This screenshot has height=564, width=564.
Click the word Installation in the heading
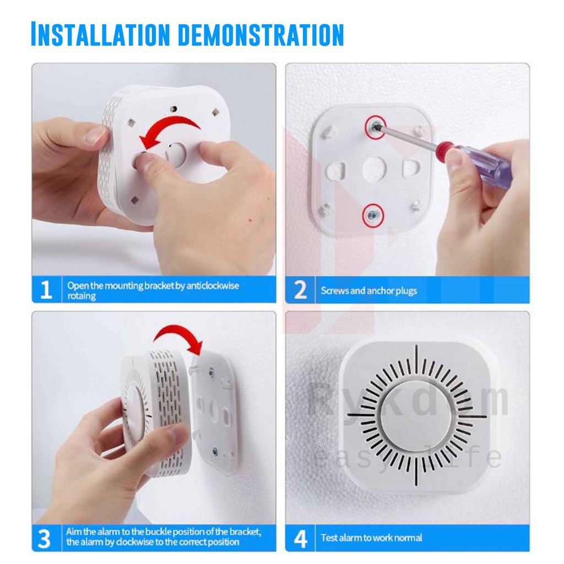pyautogui.click(x=100, y=34)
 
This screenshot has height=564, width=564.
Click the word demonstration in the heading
pyautogui.click(x=261, y=35)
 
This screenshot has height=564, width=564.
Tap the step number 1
pyautogui.click(x=46, y=290)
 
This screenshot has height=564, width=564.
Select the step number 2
pyautogui.click(x=300, y=290)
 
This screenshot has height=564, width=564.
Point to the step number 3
pyautogui.click(x=44, y=539)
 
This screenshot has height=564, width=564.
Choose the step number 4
pyautogui.click(x=300, y=539)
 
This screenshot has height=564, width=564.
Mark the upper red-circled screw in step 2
pyautogui.click(x=375, y=127)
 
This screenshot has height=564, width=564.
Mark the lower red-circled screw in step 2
pyautogui.click(x=373, y=215)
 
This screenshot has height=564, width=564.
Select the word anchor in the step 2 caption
pyautogui.click(x=380, y=291)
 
